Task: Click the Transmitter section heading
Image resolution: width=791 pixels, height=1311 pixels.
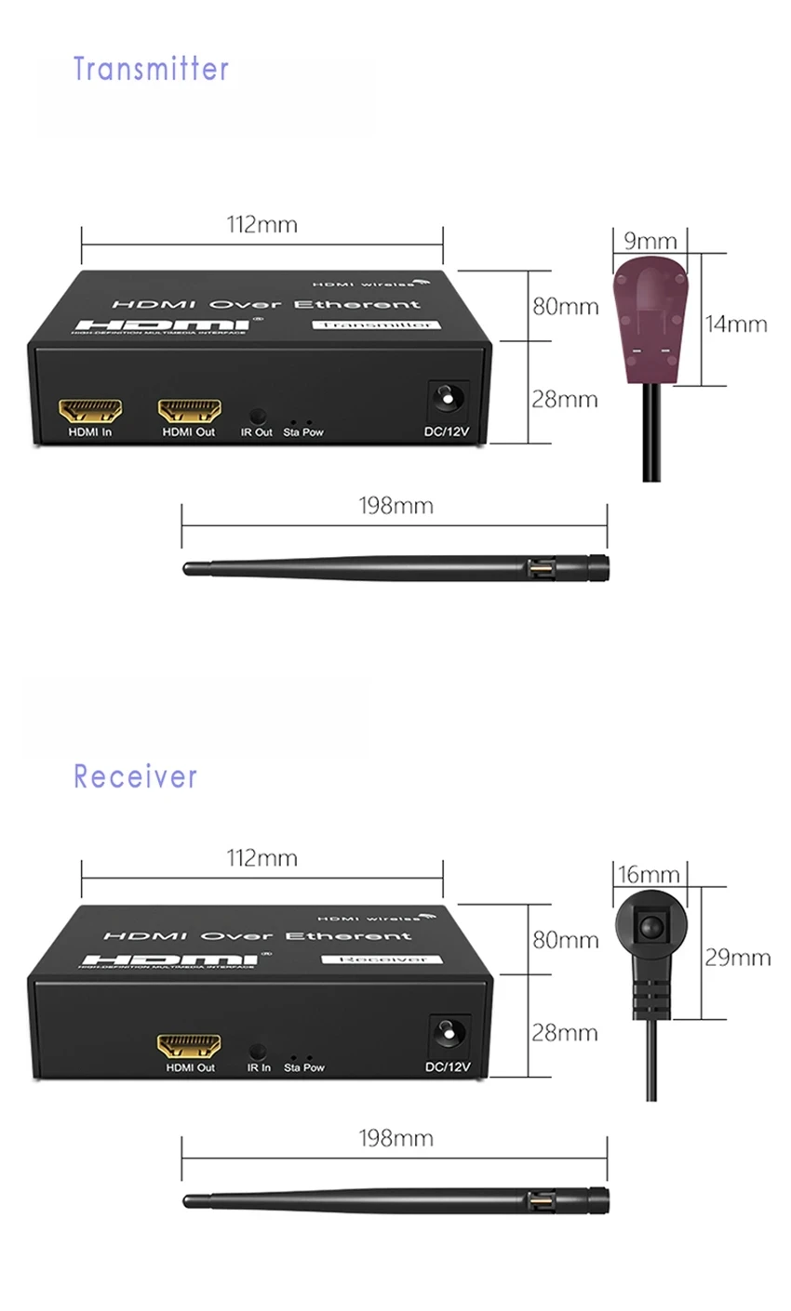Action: click(151, 69)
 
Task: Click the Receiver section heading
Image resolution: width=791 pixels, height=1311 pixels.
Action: click(136, 775)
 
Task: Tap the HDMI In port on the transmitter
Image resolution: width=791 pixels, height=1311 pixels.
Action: click(90, 410)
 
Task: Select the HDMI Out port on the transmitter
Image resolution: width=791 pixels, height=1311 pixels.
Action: click(189, 410)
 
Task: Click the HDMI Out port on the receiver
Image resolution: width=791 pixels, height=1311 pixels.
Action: click(189, 1045)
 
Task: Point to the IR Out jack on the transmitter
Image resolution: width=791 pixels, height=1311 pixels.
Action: click(259, 417)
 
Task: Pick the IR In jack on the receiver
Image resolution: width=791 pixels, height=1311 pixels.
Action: click(259, 1052)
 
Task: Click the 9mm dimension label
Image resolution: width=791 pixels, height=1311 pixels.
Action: click(650, 242)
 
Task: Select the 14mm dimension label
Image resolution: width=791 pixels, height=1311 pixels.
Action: click(735, 324)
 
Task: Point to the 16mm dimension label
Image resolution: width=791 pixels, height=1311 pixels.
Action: click(649, 874)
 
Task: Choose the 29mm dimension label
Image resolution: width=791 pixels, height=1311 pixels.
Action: click(737, 957)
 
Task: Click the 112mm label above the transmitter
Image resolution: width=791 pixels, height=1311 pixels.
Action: click(262, 224)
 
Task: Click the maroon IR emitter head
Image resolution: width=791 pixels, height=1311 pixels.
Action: click(651, 321)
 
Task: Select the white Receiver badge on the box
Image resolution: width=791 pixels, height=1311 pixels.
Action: click(382, 959)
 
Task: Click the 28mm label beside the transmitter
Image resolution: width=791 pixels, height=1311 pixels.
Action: click(564, 399)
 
